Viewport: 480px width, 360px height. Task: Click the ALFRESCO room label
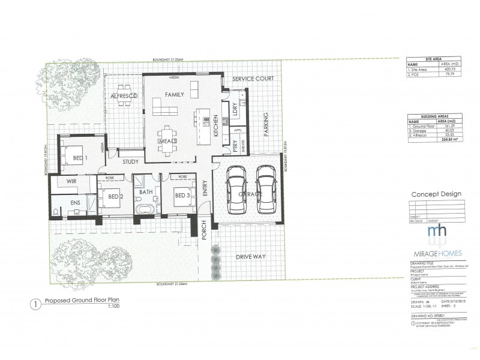[125, 96]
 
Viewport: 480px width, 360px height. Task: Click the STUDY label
[130, 161]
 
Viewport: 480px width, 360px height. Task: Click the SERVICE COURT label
[253, 79]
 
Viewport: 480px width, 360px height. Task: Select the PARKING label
[266, 125]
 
